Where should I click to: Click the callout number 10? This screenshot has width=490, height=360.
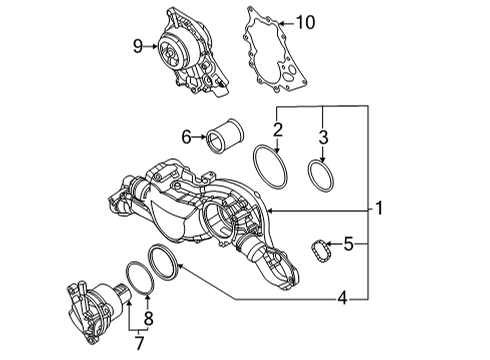(x=305, y=22)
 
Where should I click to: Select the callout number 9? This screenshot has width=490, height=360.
(x=138, y=46)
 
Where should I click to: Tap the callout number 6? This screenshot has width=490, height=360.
(x=186, y=137)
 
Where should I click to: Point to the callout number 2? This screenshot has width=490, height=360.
(x=278, y=130)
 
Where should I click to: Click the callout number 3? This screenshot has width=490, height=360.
(x=323, y=137)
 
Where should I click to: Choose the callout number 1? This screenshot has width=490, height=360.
(x=379, y=208)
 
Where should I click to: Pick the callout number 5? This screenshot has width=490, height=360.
(x=348, y=244)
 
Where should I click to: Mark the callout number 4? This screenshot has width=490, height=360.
(x=343, y=298)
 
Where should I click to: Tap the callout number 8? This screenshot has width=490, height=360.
(x=148, y=318)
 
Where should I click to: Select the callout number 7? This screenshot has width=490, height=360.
(x=139, y=343)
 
